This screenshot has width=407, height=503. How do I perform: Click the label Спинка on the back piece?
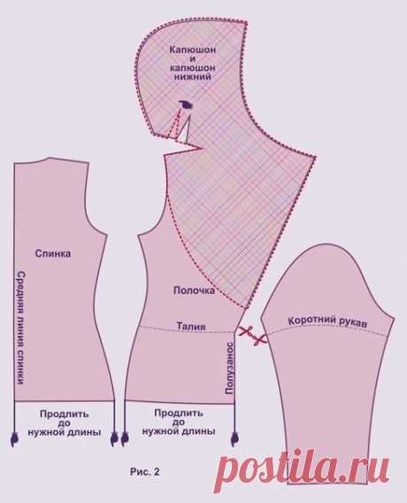(x=53, y=254)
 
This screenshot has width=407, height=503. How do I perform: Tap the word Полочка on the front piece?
(x=194, y=290)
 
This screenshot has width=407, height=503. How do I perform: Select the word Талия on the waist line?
(x=191, y=326)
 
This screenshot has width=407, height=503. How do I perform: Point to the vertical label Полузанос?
(x=229, y=368)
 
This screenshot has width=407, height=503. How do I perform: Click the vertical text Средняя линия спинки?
(x=20, y=328)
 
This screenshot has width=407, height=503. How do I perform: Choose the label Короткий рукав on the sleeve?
(x=327, y=321)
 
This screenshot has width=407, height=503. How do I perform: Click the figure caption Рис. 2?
(x=145, y=472)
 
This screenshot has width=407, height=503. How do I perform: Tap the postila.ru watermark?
(x=303, y=469)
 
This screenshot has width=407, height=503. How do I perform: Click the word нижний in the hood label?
(x=192, y=77)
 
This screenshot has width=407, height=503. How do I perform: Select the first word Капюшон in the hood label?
(x=193, y=50)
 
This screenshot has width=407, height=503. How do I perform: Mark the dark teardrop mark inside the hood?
(x=186, y=104)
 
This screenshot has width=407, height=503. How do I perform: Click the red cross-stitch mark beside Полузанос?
(x=252, y=335)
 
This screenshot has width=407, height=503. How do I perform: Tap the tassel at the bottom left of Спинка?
(x=14, y=440)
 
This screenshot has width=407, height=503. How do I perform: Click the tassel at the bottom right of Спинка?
(x=114, y=439)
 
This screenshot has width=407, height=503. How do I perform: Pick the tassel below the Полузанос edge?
(x=234, y=439)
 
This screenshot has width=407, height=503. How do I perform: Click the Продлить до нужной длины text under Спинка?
(x=64, y=423)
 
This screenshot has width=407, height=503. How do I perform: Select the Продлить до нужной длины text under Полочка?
(x=179, y=422)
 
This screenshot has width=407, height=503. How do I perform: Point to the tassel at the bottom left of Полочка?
(x=125, y=439)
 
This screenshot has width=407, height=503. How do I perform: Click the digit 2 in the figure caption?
(x=157, y=472)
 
